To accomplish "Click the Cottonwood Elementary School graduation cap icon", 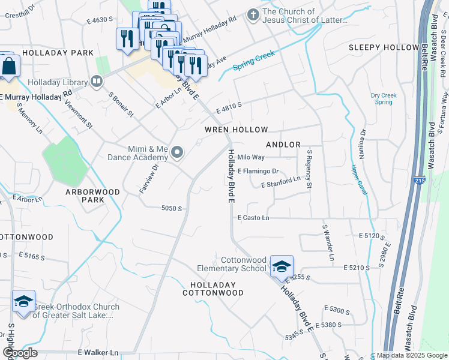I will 282,265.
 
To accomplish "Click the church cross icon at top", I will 253,15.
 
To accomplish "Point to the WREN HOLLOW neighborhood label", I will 236,130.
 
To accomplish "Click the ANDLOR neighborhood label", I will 283,145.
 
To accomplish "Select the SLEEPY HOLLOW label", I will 384,47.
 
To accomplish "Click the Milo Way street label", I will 251,157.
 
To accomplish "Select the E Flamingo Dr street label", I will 259,171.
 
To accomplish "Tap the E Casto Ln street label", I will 253,218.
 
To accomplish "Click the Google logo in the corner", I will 19,353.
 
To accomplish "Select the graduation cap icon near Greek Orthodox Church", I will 23,301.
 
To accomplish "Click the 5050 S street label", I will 171,208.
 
